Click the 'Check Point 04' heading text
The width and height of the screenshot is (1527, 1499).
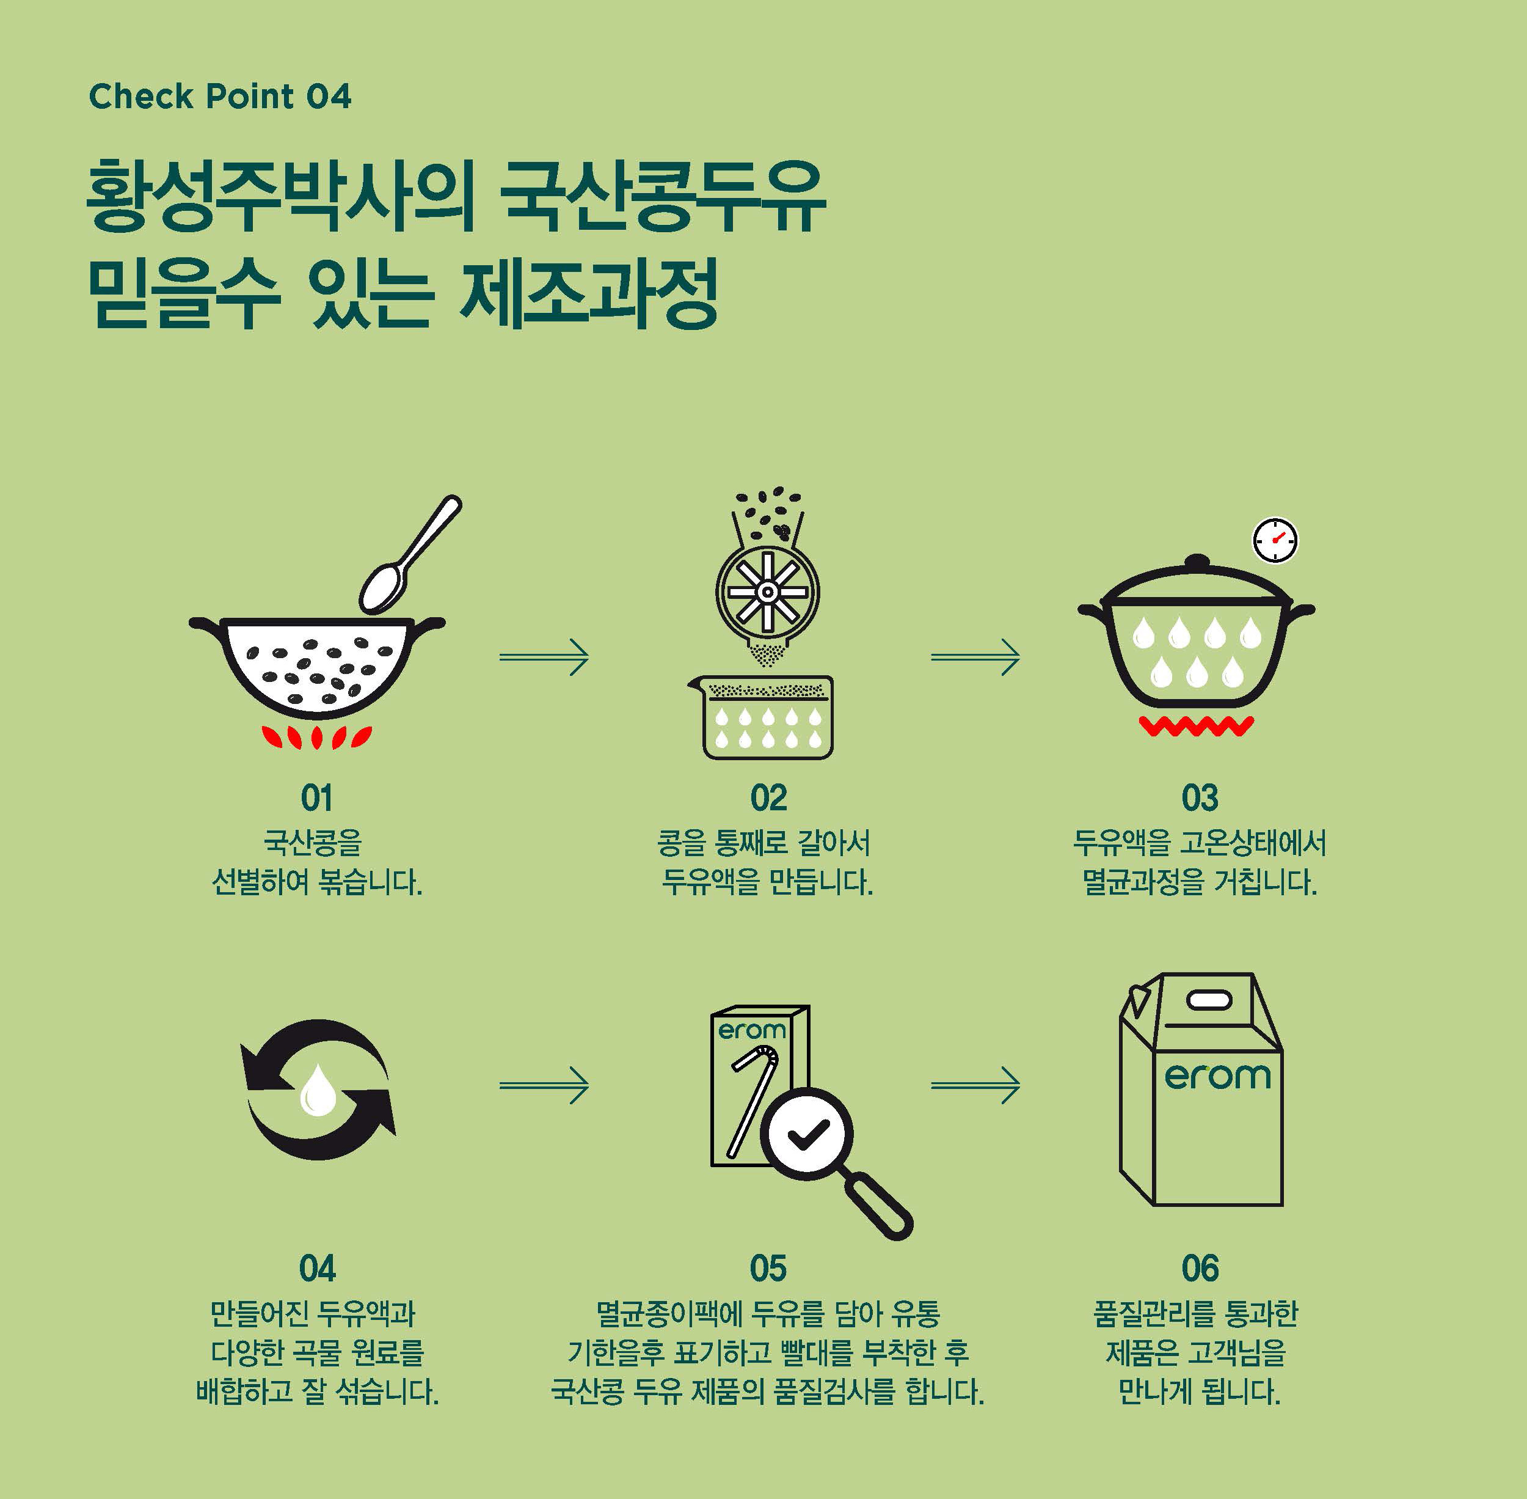(220, 96)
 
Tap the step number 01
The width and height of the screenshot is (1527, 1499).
(316, 797)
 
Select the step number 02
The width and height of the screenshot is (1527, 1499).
(768, 797)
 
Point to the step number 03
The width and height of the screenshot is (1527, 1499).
(1200, 797)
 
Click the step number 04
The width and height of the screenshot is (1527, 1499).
(317, 1269)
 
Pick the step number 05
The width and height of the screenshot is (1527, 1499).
(768, 1269)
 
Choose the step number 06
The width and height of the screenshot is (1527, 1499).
(1200, 1269)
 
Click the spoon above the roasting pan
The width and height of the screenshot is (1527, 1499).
(409, 555)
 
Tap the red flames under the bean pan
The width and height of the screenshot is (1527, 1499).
(316, 736)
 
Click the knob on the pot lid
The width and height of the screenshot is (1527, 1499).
(1197, 563)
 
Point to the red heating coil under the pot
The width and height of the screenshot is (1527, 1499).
(1195, 727)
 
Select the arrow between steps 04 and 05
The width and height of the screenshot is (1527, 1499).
(544, 1086)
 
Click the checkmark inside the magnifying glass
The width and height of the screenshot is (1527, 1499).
(807, 1134)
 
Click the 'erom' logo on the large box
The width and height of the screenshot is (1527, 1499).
(1217, 1076)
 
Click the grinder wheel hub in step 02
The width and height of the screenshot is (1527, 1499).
(767, 592)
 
